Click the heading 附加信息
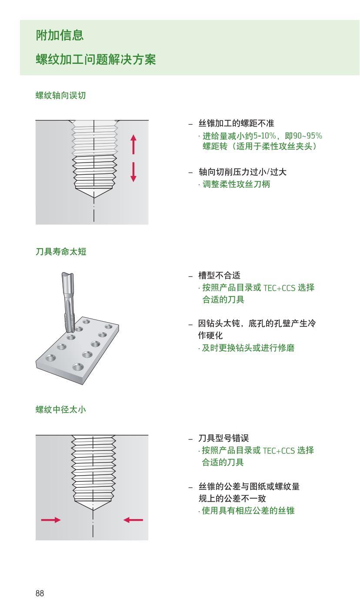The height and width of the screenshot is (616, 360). click(x=60, y=35)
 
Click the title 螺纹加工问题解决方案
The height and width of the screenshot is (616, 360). click(x=96, y=60)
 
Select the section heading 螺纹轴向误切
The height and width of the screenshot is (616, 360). click(x=60, y=96)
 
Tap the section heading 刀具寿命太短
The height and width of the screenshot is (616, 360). click(x=60, y=252)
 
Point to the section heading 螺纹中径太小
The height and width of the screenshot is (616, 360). click(x=60, y=409)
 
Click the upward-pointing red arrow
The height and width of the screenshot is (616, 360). click(x=133, y=144)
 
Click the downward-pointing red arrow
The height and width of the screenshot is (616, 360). click(x=133, y=172)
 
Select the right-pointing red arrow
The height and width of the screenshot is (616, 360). click(x=51, y=519)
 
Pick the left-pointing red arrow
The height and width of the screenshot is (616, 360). click(x=133, y=519)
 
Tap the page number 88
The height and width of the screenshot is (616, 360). click(x=40, y=593)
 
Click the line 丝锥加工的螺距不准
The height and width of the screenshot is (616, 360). click(x=236, y=123)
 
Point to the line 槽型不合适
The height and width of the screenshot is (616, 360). click(x=219, y=275)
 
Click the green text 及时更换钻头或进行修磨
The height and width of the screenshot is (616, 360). click(x=248, y=348)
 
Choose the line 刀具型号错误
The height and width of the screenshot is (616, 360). click(x=223, y=438)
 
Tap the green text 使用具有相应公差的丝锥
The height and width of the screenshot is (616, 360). click(x=248, y=511)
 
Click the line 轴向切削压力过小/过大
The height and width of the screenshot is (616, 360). click(x=242, y=172)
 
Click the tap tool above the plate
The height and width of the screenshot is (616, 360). click(x=68, y=300)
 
